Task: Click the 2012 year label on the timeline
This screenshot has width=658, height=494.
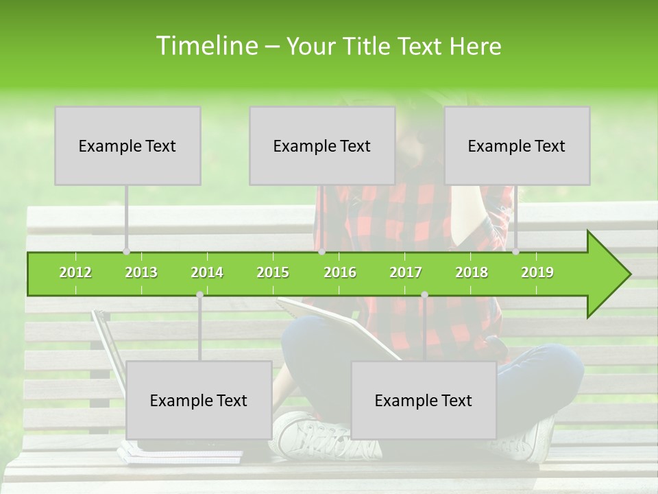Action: tap(75, 272)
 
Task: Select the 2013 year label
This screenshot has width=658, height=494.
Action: tap(141, 272)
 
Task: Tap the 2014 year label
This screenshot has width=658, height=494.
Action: tap(207, 272)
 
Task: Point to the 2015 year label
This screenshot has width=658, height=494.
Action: tap(273, 272)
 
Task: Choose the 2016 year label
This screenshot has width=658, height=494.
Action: tap(340, 272)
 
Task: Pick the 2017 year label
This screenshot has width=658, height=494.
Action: tap(406, 272)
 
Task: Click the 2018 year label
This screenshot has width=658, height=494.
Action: tap(472, 272)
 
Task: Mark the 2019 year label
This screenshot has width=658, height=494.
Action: tap(537, 272)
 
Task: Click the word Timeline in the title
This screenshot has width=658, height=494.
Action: tap(206, 46)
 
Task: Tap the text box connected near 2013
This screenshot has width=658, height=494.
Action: tap(127, 145)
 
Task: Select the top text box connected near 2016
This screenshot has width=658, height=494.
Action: tap(322, 145)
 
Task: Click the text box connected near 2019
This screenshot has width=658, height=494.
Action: tap(517, 145)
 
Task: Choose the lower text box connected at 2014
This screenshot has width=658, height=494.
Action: tap(199, 400)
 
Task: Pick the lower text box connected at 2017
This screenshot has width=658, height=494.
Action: tap(424, 400)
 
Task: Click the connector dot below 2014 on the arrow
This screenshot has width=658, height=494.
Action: tap(199, 294)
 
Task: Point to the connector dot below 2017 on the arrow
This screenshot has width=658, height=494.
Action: tap(424, 294)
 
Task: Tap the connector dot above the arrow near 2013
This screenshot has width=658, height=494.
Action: tap(126, 251)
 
